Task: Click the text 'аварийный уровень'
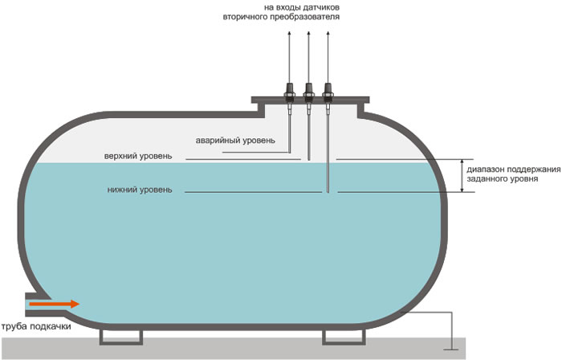pos(236,141)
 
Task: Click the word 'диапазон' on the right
pos(489,170)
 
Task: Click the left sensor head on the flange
pos(289,88)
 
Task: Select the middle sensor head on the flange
pos(308,88)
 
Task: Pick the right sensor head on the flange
pos(328,88)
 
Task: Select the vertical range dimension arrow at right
pos(462,175)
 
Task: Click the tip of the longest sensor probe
pos(328,191)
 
